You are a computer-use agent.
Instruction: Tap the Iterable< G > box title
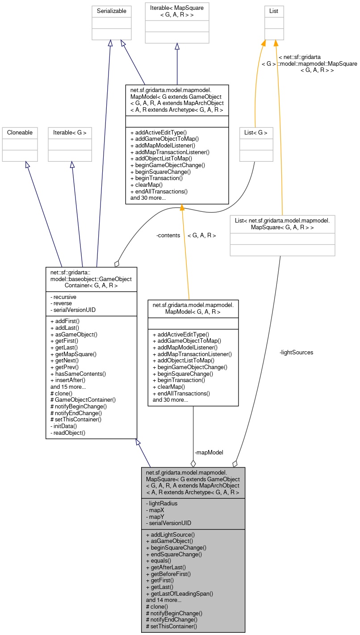70,132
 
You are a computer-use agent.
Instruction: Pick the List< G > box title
256,132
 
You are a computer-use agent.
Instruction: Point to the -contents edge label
168,235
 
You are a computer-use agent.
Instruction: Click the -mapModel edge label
209,452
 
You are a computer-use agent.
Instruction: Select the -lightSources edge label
296,352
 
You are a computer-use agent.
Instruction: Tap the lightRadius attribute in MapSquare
163,503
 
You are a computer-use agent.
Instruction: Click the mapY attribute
157,516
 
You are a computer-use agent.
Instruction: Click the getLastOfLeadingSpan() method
182,593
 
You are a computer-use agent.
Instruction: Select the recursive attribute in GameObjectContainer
65,297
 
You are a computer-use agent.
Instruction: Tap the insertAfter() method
68,380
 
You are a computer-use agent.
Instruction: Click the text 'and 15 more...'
68,387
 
